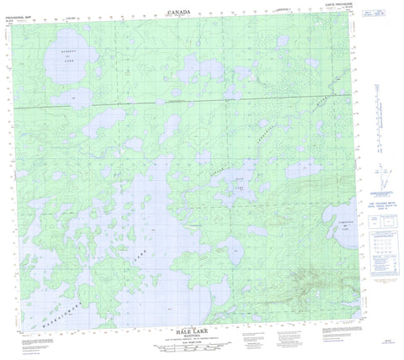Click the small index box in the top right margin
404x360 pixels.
point(380,17)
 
